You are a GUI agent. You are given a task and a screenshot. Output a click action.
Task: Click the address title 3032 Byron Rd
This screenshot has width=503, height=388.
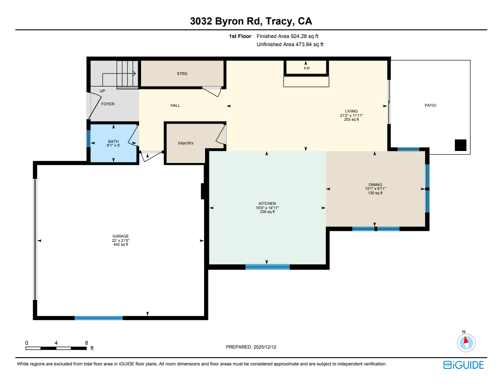pyautogui.click(x=251, y=21)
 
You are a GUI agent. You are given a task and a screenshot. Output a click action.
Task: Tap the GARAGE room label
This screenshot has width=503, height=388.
pyautogui.click(x=120, y=236)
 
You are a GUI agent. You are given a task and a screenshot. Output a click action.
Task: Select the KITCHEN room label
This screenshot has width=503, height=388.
pyautogui.click(x=268, y=203)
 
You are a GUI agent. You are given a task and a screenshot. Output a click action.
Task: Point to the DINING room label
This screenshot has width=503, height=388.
pyautogui.click(x=375, y=185)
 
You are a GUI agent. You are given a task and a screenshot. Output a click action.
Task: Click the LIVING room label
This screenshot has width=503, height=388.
pyautogui.click(x=351, y=111)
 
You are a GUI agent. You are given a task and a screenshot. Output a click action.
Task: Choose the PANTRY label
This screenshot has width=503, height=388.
pyautogui.click(x=186, y=143)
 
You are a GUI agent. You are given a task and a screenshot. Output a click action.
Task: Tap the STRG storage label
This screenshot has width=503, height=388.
pyautogui.click(x=182, y=74)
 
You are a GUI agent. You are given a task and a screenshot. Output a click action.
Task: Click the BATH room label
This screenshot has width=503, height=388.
pyautogui.click(x=113, y=141)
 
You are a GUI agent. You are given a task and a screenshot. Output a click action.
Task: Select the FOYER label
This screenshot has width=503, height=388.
pyautogui.click(x=108, y=104)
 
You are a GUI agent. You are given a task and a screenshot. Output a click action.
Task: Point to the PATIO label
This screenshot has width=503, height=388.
pyautogui.click(x=430, y=105)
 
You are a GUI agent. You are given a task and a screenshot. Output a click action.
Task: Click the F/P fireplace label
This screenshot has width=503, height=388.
pyautogui.click(x=307, y=69)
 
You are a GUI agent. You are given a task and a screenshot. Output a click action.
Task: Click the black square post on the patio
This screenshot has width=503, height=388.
pyautogui.click(x=461, y=145)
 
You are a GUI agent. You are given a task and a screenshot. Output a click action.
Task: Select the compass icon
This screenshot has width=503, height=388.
pyautogui.click(x=465, y=342)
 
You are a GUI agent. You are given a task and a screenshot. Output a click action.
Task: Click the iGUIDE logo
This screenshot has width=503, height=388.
pyautogui.click(x=464, y=365)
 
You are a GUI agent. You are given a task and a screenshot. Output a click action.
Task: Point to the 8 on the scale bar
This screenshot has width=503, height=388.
pyautogui.click(x=86, y=343)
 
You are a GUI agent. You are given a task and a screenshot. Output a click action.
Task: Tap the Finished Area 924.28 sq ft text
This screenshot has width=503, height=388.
pyautogui.click(x=287, y=36)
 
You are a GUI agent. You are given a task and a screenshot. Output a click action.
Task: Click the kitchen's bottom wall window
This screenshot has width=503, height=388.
pyautogui.click(x=268, y=267)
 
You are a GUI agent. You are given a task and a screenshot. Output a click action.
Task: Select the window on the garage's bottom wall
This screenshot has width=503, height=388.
pyautogui.click(x=99, y=318)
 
